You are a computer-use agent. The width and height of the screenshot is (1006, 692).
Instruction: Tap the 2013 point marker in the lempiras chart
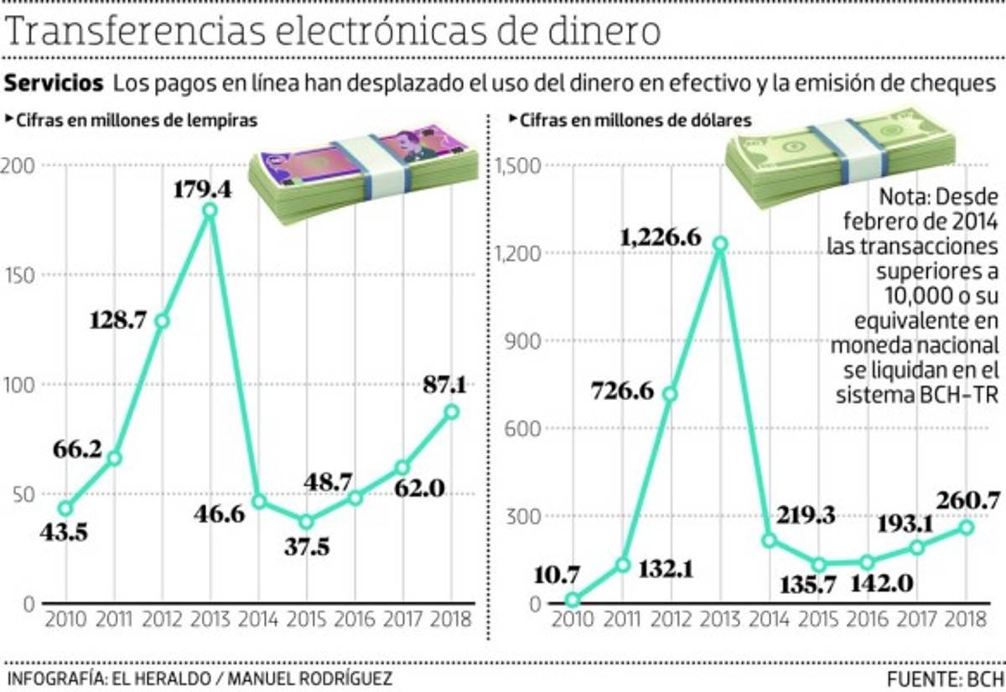pyautogui.click(x=210, y=211)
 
